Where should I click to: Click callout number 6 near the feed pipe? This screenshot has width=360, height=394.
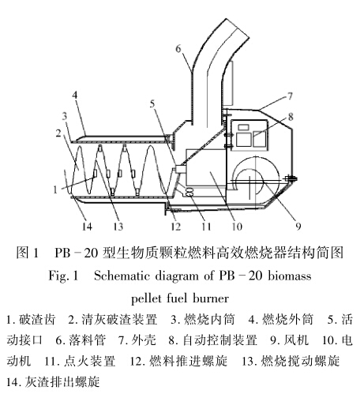[178, 48]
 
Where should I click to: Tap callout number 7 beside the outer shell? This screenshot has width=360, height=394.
[290, 96]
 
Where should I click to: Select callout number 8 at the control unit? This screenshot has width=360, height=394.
[291, 117]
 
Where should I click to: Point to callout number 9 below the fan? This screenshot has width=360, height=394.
[298, 226]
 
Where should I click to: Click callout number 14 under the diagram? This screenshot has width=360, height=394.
[87, 226]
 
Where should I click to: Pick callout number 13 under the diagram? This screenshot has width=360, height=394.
[118, 226]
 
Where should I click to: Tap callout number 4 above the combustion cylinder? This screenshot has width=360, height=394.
[75, 95]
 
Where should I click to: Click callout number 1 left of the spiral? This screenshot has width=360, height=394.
[55, 189]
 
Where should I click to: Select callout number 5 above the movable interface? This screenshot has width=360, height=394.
[152, 104]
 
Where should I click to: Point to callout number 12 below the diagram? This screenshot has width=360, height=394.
[175, 226]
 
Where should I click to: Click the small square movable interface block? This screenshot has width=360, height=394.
[181, 169]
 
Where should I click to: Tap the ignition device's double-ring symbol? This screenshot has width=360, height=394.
[190, 192]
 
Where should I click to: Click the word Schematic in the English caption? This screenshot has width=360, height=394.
[122, 276]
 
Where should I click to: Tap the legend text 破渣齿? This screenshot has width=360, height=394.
[37, 320]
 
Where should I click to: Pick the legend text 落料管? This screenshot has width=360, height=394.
[88, 340]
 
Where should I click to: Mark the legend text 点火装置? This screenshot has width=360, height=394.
[90, 361]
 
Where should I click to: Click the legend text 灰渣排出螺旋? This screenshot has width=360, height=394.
[62, 381]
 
